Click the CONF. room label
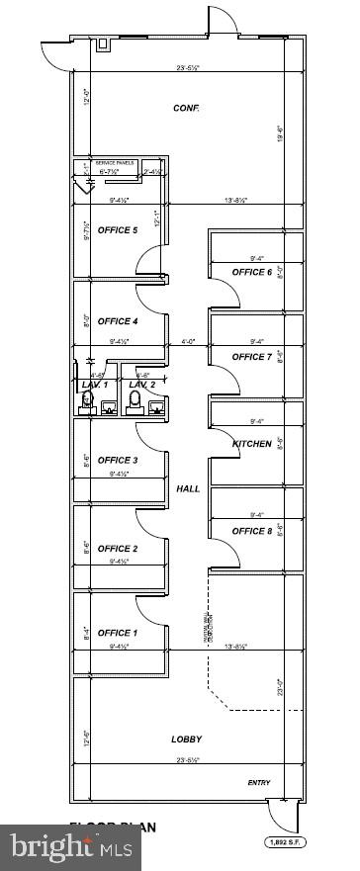(x=186, y=108)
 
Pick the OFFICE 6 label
(x=251, y=272)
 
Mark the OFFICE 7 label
(x=251, y=357)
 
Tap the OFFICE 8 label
(x=251, y=531)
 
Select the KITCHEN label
(x=251, y=444)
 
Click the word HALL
(x=188, y=488)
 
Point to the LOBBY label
(x=186, y=740)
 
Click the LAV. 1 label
(x=95, y=385)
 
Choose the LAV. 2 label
(x=142, y=385)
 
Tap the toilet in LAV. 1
(x=87, y=400)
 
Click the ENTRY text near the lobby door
(x=259, y=783)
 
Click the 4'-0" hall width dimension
(x=188, y=342)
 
